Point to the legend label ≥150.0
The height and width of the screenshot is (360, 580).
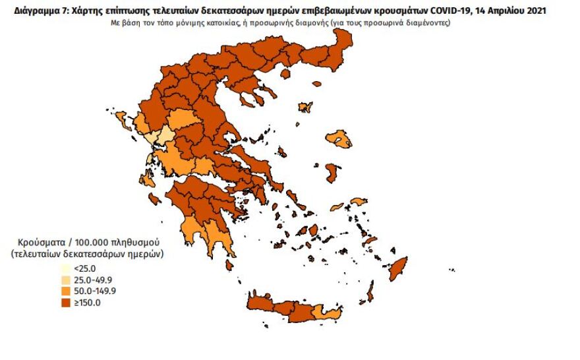(x=87, y=303)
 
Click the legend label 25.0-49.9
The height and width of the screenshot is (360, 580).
(x=92, y=280)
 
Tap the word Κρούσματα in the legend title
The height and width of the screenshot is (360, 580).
(x=39, y=241)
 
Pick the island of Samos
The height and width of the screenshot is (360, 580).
(x=359, y=201)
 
